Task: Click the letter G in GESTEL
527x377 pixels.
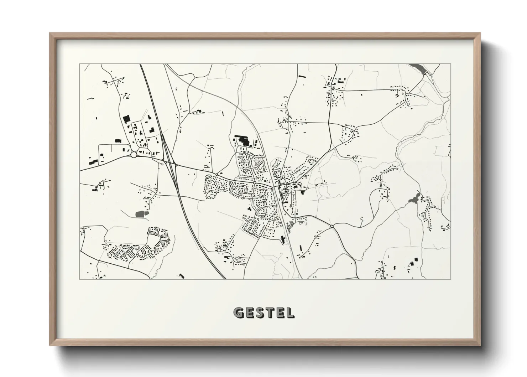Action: pos(238,313)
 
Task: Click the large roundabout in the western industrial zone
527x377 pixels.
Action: pos(134,155)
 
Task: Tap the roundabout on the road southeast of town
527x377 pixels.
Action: pos(332,226)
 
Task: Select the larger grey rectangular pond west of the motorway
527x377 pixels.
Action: pos(141,214)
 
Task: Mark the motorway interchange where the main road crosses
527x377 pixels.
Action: pos(171,164)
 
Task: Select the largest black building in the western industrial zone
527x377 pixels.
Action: pos(126,119)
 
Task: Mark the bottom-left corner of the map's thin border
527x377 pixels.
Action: pos(80,279)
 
